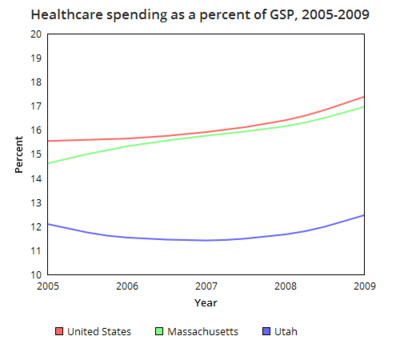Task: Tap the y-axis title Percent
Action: coord(19,154)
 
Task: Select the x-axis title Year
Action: coord(205,301)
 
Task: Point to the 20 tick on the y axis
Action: coord(35,34)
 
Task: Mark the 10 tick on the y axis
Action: coord(35,275)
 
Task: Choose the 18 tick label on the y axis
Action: coord(35,82)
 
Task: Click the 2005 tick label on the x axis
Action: coord(47,286)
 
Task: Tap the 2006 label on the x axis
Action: coord(126,286)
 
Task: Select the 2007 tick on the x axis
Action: coord(206,286)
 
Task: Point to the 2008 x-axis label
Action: coord(285,286)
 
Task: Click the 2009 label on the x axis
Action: coord(363,286)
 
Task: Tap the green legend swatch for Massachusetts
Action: coord(159,331)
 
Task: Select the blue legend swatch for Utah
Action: coord(265,331)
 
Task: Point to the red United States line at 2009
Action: coord(363,97)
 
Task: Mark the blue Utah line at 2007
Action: coord(206,240)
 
